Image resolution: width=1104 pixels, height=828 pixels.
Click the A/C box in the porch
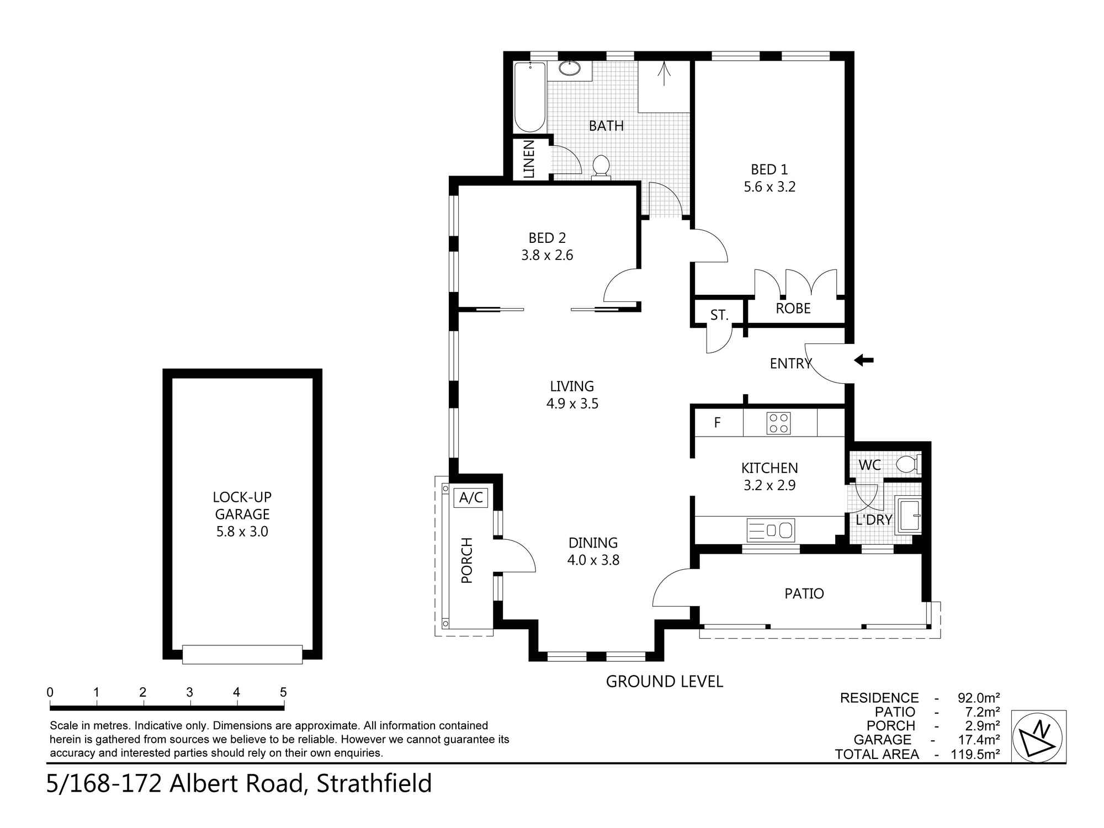pos(471,498)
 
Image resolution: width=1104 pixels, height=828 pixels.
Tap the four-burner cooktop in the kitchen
pos(778,423)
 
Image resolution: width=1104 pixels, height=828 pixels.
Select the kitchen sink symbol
pos(771,530)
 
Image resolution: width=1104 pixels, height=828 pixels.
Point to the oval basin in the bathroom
pos(569,69)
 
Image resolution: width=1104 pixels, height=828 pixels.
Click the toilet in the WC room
pos(907,464)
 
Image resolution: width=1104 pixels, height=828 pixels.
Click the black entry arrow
pos(864,360)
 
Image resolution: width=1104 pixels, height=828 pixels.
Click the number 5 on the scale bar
pos(283,692)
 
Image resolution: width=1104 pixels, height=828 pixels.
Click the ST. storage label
pos(719,315)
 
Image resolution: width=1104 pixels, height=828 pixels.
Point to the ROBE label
pos(793,309)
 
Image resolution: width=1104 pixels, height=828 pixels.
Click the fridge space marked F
pos(717,423)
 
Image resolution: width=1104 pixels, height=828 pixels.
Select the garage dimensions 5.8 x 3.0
pos(242,532)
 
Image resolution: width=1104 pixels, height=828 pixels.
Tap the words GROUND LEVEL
pos(664,682)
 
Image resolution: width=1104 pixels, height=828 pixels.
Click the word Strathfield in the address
pos(374,784)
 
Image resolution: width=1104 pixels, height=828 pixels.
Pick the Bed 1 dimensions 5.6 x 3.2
pos(769,187)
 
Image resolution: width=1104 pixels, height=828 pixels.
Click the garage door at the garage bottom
pos(242,654)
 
